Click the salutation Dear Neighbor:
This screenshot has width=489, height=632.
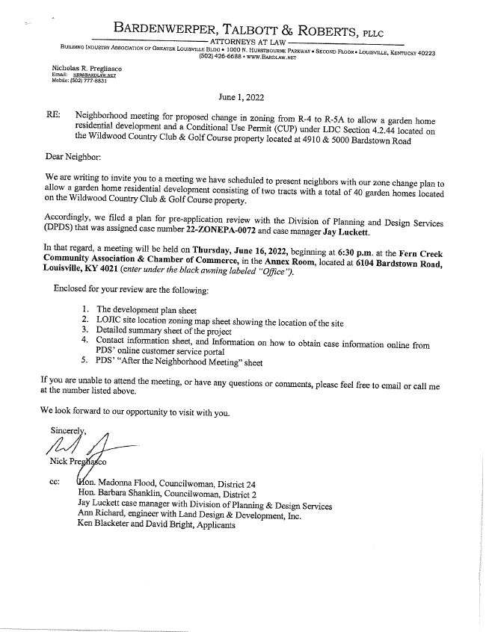pyautogui.click(x=73, y=158)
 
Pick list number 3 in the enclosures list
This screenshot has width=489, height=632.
pyautogui.click(x=86, y=329)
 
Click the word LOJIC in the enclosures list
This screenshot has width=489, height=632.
pyautogui.click(x=113, y=319)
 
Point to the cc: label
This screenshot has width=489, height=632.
pyautogui.click(x=54, y=483)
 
